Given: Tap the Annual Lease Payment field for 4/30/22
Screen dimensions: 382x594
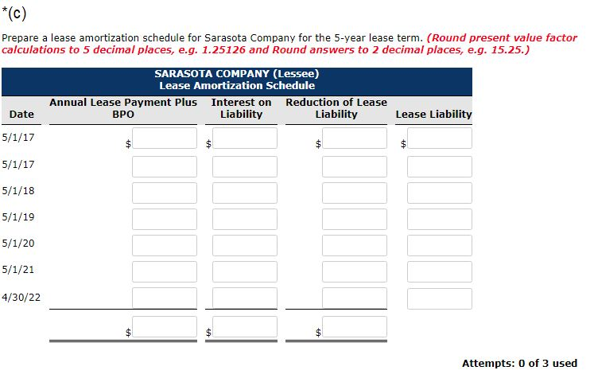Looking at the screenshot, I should point(165,298).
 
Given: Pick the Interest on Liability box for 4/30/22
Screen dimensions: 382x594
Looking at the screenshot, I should point(245,298).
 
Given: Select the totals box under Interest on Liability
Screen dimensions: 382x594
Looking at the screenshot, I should point(245,327).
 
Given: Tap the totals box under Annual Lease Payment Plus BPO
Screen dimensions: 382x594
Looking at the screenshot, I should point(165,327).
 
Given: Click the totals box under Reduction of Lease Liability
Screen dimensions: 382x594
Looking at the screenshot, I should point(355,327).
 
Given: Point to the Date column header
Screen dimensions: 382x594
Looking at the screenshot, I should point(21,114).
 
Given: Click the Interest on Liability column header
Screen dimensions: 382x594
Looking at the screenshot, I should point(241,108).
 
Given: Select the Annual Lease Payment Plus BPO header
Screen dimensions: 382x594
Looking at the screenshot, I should point(123,108).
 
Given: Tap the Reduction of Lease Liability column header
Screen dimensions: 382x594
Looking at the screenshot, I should point(336,108).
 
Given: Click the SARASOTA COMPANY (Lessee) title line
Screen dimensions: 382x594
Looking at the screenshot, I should point(237,74).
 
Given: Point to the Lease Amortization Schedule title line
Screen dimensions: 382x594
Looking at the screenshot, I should point(237,85).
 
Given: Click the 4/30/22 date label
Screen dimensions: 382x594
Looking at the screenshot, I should point(21,296).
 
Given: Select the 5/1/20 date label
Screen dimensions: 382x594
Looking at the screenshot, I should point(18,244).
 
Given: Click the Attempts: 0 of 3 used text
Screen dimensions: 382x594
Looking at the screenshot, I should point(519,363).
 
